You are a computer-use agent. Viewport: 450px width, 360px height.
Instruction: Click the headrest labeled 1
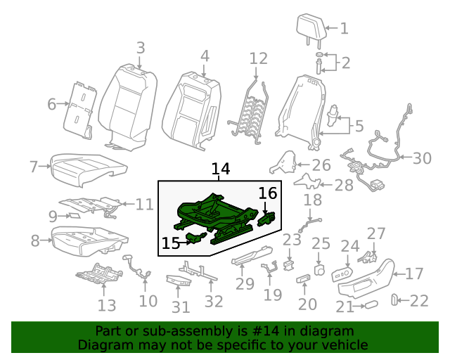point(311,28)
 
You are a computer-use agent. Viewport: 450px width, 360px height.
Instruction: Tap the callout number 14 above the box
point(220,169)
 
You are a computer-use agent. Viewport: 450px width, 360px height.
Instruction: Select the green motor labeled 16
point(267,219)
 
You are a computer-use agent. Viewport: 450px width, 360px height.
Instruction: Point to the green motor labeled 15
point(196,238)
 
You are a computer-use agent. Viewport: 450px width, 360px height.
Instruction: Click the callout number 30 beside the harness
point(422,158)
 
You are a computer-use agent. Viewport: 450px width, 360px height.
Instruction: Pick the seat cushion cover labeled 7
point(89,169)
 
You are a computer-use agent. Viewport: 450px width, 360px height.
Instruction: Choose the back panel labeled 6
point(79,110)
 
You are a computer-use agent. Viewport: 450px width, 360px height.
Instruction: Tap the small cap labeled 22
point(394,300)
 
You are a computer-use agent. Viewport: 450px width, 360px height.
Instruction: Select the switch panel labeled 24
point(342,274)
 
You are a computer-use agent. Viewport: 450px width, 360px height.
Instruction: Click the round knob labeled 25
point(319,270)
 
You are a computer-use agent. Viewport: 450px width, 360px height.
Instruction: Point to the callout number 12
point(258,58)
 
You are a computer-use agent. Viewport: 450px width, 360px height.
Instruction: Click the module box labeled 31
point(178,280)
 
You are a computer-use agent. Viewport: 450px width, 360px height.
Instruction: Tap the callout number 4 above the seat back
point(205,56)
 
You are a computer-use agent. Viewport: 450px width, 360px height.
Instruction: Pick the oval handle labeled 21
point(371,304)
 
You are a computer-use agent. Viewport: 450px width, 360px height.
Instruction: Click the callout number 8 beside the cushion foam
point(35,240)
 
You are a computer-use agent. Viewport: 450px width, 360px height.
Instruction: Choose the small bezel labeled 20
point(303,278)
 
